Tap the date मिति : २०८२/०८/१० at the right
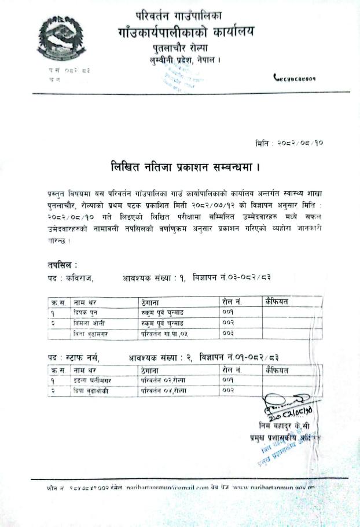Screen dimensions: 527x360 coord(288,142)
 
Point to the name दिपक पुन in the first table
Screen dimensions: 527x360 coord(85,312)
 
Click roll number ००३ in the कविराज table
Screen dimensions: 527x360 coord(228,334)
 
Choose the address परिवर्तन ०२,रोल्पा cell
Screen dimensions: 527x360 coord(161,380)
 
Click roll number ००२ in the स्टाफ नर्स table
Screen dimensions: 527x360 coord(228,390)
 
